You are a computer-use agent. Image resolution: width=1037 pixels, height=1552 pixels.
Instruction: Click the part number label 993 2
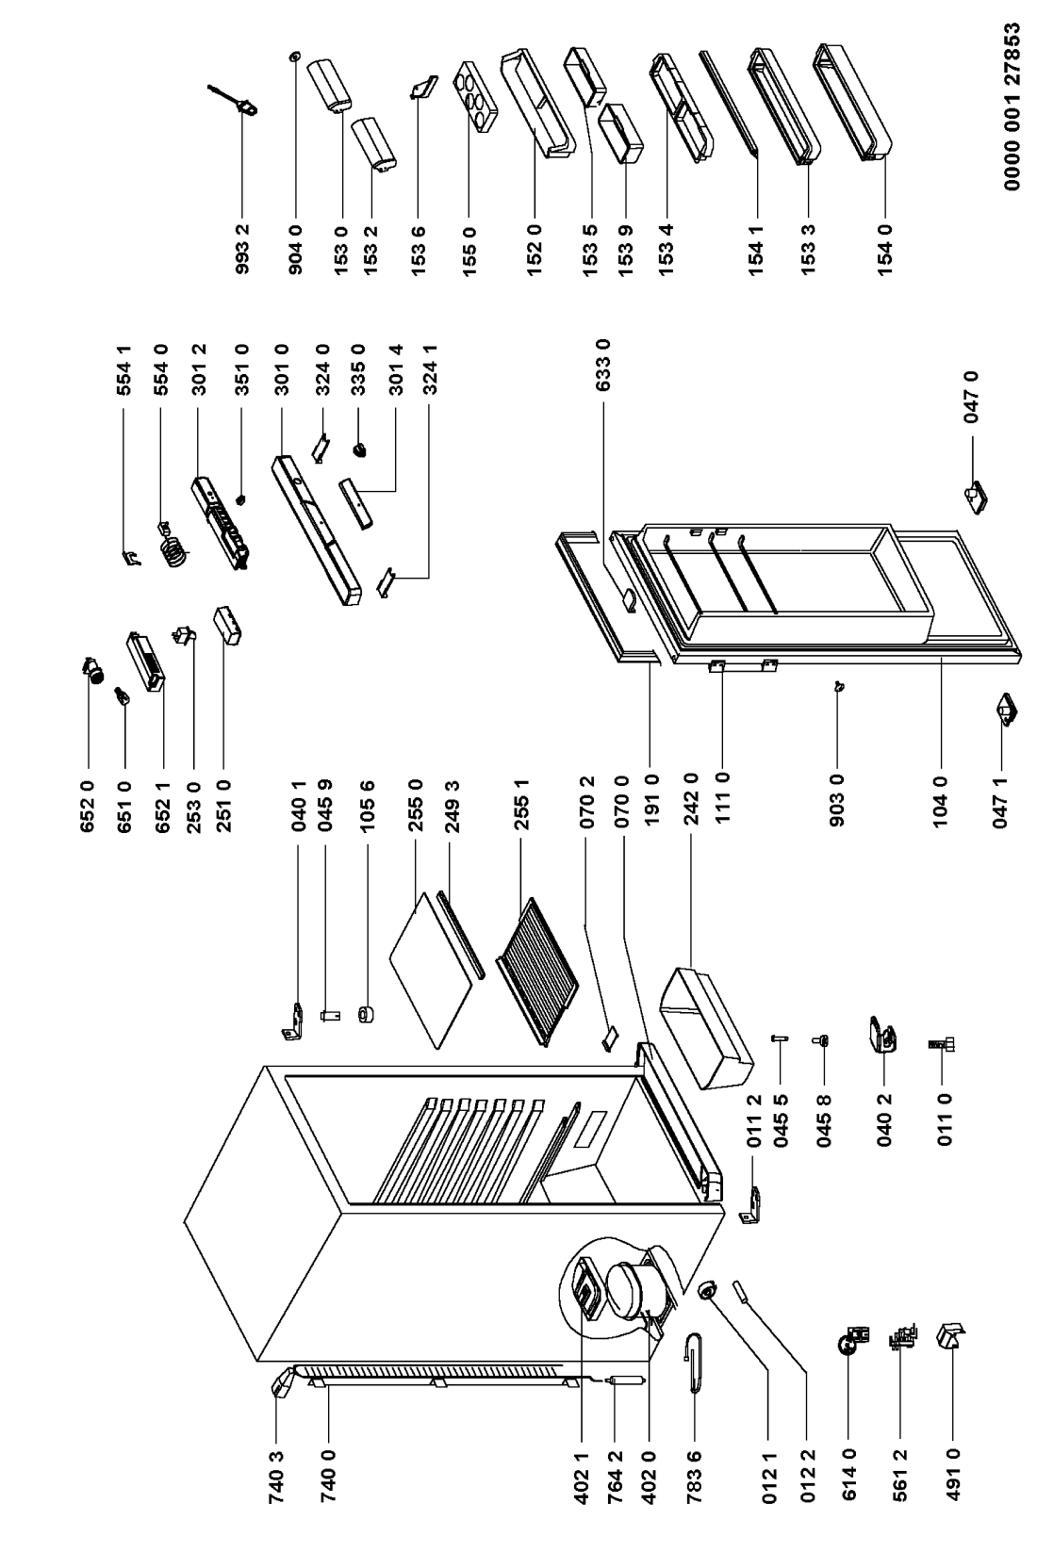[242, 248]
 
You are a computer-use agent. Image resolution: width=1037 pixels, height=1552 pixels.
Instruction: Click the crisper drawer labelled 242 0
[706, 1030]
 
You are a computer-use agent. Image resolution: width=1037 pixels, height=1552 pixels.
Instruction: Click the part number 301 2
[200, 370]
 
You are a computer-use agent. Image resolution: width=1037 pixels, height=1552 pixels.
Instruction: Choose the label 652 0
[88, 806]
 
